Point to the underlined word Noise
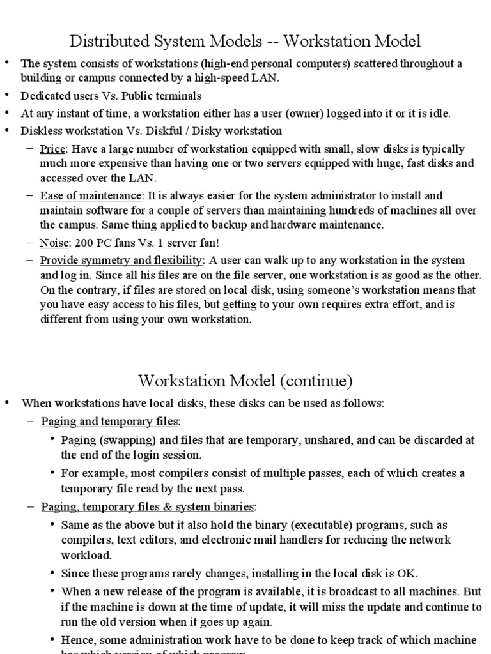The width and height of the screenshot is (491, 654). coord(54,243)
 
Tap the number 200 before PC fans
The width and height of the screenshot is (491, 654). coord(82,243)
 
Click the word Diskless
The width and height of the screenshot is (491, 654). coord(42,131)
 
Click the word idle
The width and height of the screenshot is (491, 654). coord(440,114)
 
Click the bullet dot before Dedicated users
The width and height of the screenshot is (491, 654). coord(7,96)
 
